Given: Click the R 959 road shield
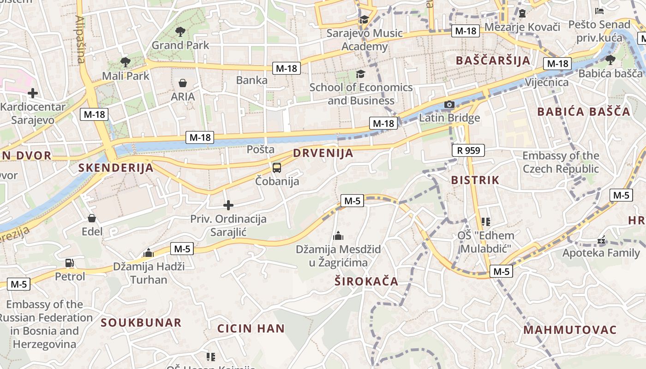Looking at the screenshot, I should click(x=469, y=150).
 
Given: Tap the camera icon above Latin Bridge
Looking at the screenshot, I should click(x=449, y=105).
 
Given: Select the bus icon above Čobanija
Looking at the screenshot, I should click(x=277, y=168).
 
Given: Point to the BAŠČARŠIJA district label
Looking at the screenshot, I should click(x=493, y=60).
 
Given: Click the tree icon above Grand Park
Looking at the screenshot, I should click(x=180, y=32).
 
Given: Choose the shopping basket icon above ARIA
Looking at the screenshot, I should click(x=183, y=83).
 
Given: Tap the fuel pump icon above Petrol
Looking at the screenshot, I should click(x=70, y=263).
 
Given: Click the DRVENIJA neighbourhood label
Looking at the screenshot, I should click(x=323, y=153).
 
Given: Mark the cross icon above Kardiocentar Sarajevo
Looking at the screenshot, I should click(x=33, y=93).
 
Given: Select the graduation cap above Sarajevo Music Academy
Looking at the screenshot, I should click(x=364, y=19).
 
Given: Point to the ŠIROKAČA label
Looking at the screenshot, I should click(x=366, y=281).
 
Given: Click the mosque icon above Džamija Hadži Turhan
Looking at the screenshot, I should click(x=149, y=253).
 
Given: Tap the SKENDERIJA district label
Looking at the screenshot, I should click(x=116, y=167).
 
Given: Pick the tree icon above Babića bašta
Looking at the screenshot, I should click(x=610, y=60).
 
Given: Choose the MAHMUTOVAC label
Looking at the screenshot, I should click(x=570, y=330).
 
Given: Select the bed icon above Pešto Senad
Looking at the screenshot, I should click(x=599, y=11).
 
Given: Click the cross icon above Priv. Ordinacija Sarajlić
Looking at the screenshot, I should click(x=228, y=205).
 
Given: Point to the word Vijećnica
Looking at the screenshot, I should click(x=547, y=82).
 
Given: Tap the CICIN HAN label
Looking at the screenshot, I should click(x=251, y=328).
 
